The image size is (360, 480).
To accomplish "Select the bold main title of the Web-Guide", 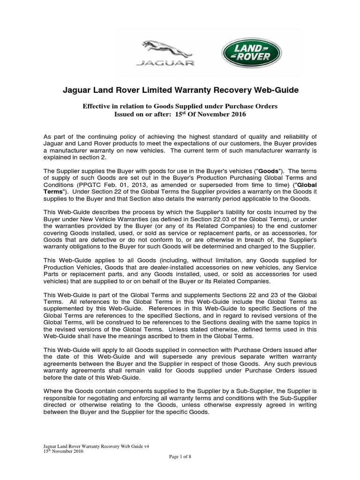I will point(180,90).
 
